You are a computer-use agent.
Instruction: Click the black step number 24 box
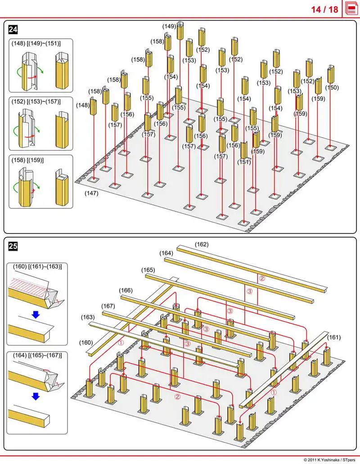(13, 29)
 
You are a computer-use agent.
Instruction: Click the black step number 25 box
(13, 246)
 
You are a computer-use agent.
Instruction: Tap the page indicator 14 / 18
(324, 9)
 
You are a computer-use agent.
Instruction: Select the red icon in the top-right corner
(351, 9)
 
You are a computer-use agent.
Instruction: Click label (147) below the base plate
(91, 193)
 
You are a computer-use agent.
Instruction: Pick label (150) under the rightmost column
(332, 88)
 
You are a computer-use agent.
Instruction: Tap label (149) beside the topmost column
(169, 27)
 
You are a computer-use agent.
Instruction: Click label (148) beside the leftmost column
(83, 105)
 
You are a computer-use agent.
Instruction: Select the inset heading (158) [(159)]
(27, 160)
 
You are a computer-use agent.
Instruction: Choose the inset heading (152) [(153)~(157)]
(36, 102)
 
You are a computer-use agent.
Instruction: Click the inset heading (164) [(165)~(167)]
(37, 355)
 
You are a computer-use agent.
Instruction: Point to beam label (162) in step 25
(202, 244)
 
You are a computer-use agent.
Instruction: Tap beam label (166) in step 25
(126, 290)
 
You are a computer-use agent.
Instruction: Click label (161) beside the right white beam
(334, 338)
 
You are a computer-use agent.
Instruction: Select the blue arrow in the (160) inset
(36, 315)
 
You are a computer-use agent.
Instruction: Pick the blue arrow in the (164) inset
(36, 396)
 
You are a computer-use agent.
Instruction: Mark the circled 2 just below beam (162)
(262, 279)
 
